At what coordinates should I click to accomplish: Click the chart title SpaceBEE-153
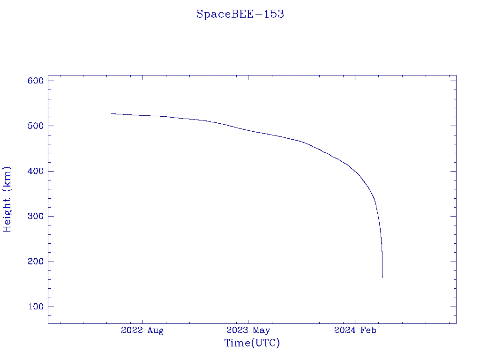click(240, 14)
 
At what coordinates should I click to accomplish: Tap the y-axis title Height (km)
click(7, 199)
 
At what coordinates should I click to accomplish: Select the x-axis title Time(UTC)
click(252, 343)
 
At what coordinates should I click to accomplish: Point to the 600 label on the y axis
click(35, 81)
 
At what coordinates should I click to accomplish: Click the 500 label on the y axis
click(35, 126)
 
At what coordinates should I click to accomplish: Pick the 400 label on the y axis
click(35, 171)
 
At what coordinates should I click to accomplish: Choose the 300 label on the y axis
click(35, 216)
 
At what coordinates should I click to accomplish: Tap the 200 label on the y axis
click(35, 262)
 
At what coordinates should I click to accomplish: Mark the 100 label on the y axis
click(35, 307)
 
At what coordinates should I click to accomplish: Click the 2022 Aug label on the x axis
click(142, 330)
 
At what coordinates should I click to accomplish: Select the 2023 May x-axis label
click(248, 330)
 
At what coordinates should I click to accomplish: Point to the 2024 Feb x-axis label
click(355, 330)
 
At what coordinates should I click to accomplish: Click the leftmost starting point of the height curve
click(112, 113)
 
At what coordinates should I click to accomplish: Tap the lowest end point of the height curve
click(382, 277)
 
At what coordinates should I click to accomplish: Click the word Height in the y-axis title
click(7, 213)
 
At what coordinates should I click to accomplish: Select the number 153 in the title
click(274, 14)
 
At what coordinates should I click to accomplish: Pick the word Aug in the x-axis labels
click(155, 330)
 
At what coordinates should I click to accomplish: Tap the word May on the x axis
click(262, 330)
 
